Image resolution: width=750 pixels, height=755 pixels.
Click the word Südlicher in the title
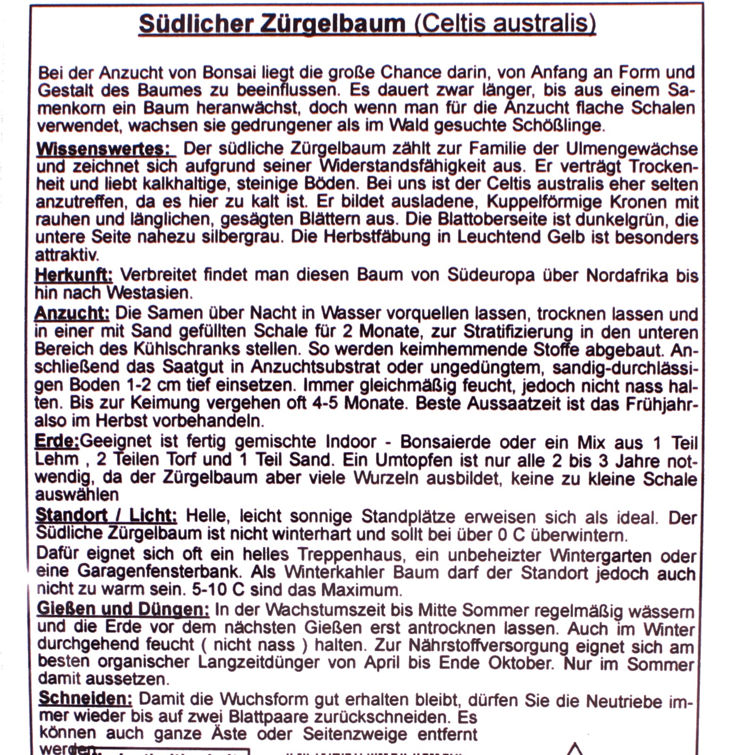pos(194,24)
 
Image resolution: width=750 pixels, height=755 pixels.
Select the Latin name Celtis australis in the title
pos(504,24)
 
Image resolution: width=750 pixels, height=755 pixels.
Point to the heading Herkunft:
pos(74,275)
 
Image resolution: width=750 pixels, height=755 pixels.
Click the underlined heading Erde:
pos(57,442)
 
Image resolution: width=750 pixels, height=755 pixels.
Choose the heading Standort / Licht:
pos(106,516)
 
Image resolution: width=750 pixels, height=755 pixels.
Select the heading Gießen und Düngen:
pos(123,610)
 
